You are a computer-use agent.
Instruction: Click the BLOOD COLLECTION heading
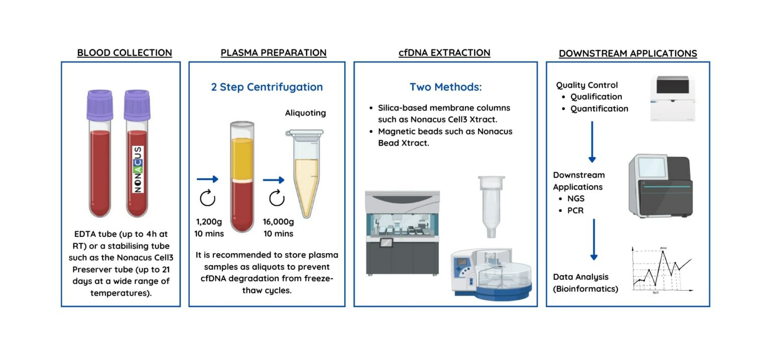click(124, 53)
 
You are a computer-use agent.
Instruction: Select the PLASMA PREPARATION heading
click(274, 53)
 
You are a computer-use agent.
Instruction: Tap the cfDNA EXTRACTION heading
click(444, 53)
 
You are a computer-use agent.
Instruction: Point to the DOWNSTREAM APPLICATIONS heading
click(627, 54)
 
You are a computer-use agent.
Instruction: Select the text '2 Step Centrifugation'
click(267, 87)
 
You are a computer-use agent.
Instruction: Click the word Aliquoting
click(305, 113)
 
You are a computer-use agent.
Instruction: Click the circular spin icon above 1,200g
click(207, 199)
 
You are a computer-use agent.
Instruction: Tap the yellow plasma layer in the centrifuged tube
click(241, 158)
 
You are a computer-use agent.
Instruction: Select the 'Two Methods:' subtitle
click(445, 87)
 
